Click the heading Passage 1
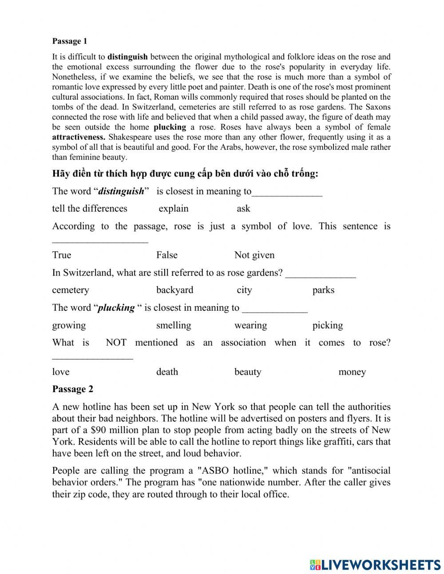70,41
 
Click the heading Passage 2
73,389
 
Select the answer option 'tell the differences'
90,209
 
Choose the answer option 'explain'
174,209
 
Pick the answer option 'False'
167,255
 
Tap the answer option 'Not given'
254,255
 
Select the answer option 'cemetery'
71,290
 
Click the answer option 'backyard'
175,290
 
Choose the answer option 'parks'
323,290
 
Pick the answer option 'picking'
328,325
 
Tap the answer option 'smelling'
174,325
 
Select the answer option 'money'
352,372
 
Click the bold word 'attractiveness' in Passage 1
79,137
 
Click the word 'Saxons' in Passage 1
378,107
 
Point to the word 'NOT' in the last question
116,342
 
